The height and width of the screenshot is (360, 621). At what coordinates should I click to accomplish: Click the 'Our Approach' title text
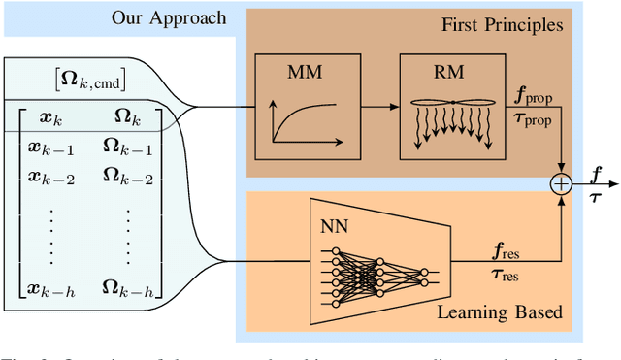[x=168, y=17]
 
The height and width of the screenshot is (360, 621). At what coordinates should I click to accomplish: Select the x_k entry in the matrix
[x=50, y=116]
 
